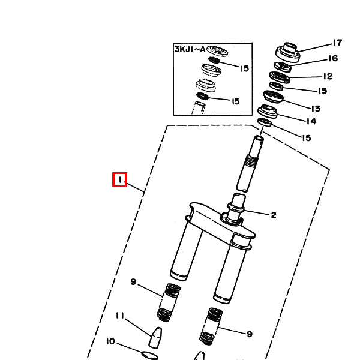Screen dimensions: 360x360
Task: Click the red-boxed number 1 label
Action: point(120,179)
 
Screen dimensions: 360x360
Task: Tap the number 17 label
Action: point(337,43)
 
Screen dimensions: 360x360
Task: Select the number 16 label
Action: point(332,59)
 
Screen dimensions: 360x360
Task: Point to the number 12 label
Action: point(327,77)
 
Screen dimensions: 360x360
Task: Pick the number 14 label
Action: point(311,122)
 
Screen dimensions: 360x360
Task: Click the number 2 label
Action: point(273,215)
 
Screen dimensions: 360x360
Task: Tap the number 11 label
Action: point(119,316)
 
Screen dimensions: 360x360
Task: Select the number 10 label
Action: point(110,342)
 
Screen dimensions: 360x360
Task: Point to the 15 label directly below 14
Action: point(306,138)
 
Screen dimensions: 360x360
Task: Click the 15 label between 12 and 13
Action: point(322,91)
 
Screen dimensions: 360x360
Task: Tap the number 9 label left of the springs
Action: point(134,282)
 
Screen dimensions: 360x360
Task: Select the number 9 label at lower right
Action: point(250,334)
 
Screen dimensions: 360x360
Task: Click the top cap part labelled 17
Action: point(287,50)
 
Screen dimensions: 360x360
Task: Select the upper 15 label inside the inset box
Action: point(244,69)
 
